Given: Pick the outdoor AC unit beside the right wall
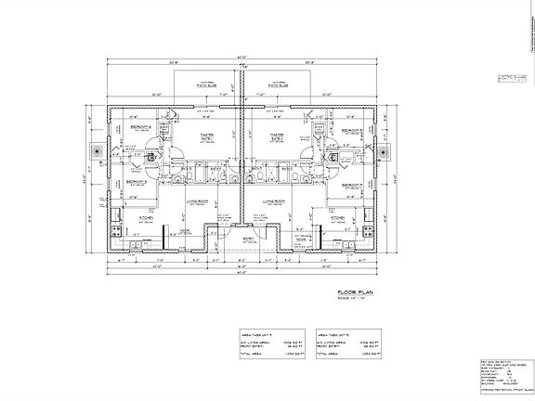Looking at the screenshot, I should [x=390, y=151].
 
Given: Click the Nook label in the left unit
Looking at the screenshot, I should [x=186, y=230].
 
